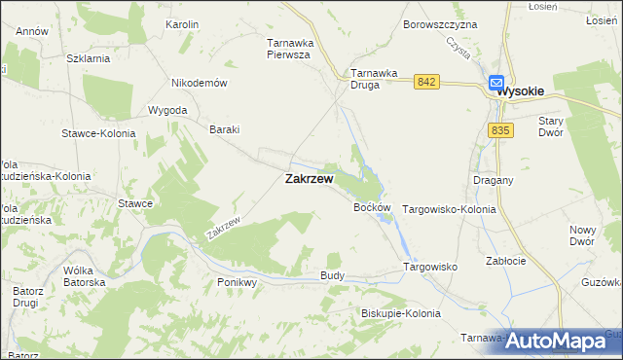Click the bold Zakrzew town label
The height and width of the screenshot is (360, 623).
tap(309, 179)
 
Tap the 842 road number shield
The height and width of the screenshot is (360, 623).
tap(424, 83)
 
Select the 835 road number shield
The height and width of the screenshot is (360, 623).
tap(501, 130)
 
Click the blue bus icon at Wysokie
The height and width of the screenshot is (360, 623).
tap(495, 85)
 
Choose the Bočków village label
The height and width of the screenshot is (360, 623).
tap(372, 208)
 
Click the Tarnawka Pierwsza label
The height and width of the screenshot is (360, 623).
tap(288, 49)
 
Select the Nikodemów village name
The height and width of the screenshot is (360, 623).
tap(199, 83)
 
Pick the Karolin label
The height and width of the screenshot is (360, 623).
tap(182, 23)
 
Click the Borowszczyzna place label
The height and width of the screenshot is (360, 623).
tap(440, 23)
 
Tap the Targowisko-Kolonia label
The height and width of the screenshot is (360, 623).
tap(449, 209)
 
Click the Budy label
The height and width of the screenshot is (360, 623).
tap(332, 276)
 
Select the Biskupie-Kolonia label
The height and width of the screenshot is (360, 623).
tap(400, 313)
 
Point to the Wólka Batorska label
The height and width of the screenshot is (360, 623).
tap(84, 275)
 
